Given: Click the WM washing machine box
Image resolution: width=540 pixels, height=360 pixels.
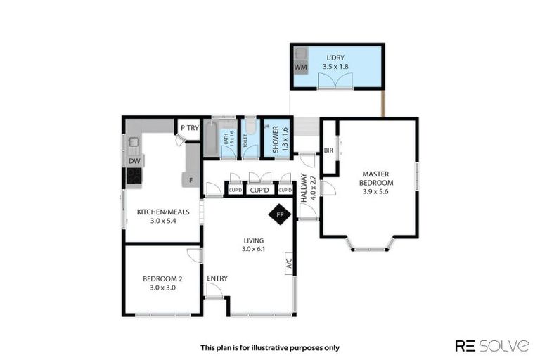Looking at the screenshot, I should [x=301, y=67].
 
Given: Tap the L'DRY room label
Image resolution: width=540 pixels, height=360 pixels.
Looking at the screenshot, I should [x=335, y=57].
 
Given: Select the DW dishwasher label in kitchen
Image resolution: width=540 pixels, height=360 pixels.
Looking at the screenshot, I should [x=134, y=161].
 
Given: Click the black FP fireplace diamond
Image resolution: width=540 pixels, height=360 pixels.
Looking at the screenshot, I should [x=280, y=214].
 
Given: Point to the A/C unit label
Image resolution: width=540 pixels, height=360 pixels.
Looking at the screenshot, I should [x=289, y=263].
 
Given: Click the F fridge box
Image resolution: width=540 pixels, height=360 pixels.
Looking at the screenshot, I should [x=191, y=180].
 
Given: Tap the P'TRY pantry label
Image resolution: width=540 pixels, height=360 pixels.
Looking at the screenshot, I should [x=188, y=127].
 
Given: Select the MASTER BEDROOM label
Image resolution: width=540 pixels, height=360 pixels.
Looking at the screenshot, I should [x=377, y=178].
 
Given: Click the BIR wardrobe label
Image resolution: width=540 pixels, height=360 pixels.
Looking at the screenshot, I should [x=328, y=150].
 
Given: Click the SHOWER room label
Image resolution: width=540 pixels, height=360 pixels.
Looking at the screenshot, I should [x=276, y=139].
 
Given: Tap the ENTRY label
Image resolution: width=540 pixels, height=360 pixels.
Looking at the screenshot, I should [x=217, y=278].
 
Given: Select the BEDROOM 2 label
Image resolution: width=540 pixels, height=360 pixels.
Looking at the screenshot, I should [x=162, y=277].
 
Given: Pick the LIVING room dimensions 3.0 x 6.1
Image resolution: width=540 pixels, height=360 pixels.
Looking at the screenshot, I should [x=253, y=248].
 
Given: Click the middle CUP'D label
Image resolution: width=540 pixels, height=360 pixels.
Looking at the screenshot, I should [x=260, y=191].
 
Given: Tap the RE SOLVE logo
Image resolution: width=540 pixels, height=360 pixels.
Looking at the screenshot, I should [x=492, y=345].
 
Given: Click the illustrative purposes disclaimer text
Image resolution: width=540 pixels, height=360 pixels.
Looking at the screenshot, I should [x=270, y=347].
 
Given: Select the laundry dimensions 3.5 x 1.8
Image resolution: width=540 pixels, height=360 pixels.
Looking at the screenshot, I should [x=335, y=67].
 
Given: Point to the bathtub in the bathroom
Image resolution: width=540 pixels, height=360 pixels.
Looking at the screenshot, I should [x=211, y=138].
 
